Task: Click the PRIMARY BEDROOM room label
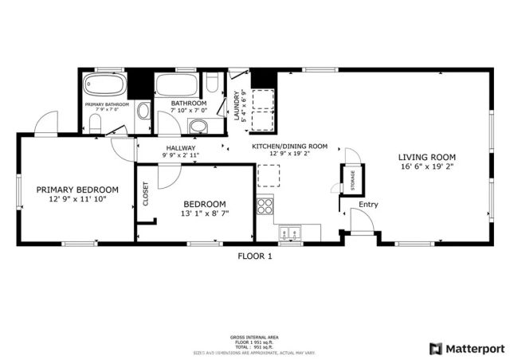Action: pos(77,190)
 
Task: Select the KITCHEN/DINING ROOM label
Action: pos(290,147)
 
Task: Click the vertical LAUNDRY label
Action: pos(237,103)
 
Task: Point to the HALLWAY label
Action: pos(181,148)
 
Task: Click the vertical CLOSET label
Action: pos(146,194)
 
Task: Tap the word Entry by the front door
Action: pos(367,205)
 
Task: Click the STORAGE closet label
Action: pos(349,181)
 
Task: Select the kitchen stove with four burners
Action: pos(265,209)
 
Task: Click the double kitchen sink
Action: pos(288,233)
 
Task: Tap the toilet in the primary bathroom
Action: pos(95,123)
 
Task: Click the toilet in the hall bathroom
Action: pos(213,83)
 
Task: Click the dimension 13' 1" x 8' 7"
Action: pos(205,213)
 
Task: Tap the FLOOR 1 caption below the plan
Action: pos(255,256)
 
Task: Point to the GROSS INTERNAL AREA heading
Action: pos(255,337)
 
